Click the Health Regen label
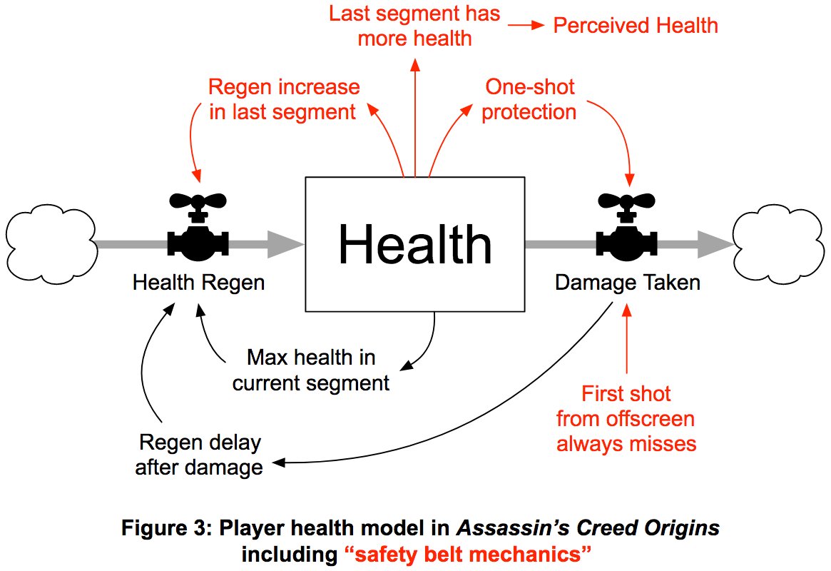pyautogui.click(x=198, y=283)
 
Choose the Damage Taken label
pyautogui.click(x=627, y=283)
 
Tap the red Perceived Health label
pyautogui.click(x=636, y=26)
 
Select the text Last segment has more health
pyautogui.click(x=414, y=26)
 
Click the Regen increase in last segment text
pyautogui.click(x=283, y=99)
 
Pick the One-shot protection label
pyautogui.click(x=529, y=99)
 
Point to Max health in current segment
pyautogui.click(x=311, y=370)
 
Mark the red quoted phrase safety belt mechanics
pyautogui.click(x=468, y=553)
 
